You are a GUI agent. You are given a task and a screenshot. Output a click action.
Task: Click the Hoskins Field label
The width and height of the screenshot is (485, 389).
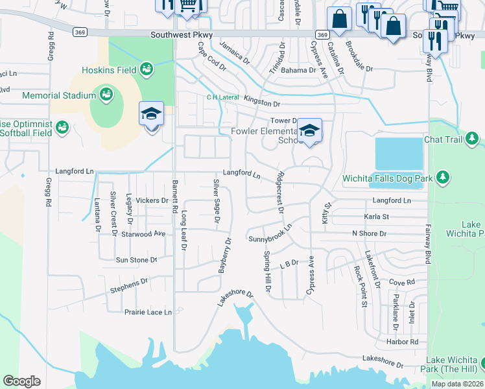[x=110, y=70]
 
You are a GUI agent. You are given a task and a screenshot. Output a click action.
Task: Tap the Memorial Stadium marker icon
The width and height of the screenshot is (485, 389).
[x=106, y=95]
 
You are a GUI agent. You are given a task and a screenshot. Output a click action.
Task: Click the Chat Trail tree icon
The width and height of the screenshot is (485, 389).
[x=472, y=138]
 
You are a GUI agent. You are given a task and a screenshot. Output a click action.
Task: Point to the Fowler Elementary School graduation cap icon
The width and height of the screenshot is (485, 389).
[x=309, y=130]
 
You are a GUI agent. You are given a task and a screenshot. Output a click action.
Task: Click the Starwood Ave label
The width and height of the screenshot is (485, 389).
[x=144, y=233]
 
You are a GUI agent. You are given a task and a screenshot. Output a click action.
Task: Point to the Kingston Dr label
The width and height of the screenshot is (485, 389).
[x=262, y=104]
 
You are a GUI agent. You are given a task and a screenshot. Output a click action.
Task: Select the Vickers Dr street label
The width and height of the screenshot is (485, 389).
[x=152, y=201]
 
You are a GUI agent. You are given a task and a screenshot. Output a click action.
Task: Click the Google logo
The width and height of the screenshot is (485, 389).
[x=22, y=381]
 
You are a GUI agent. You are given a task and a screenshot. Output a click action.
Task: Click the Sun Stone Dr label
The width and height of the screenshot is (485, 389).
[x=136, y=260]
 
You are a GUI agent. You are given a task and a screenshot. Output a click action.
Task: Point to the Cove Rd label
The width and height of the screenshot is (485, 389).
[x=402, y=283]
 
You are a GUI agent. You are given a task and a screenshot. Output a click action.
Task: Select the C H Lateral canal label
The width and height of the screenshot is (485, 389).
[x=222, y=97]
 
